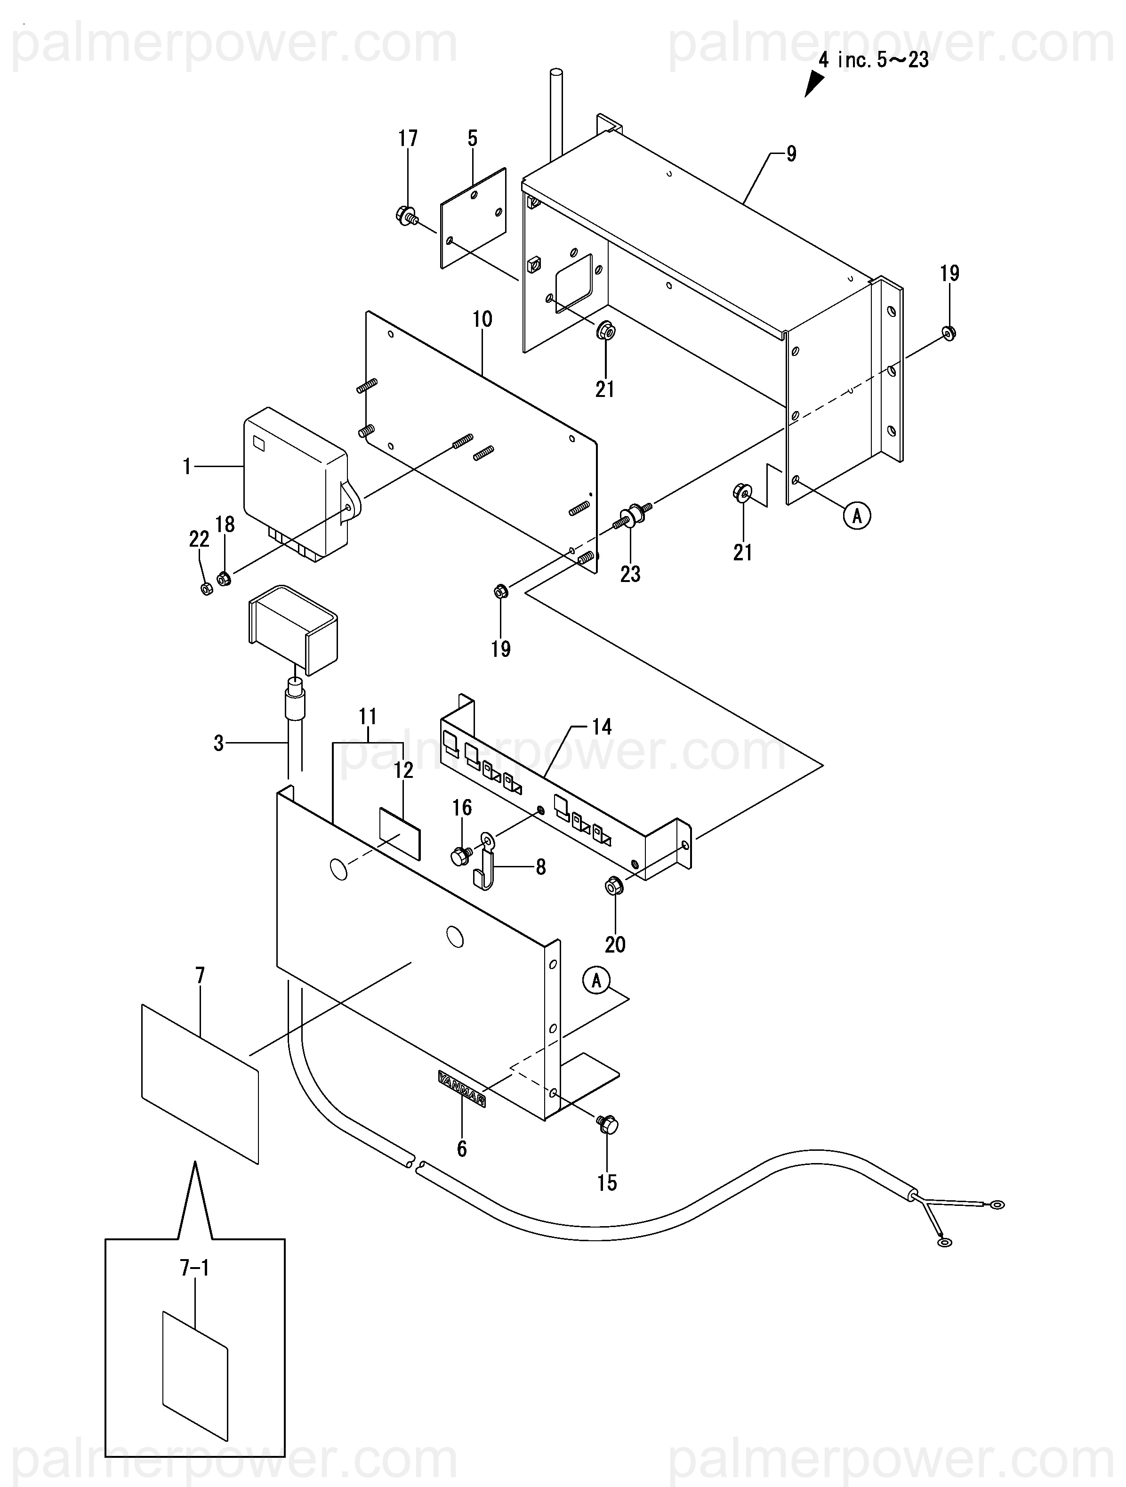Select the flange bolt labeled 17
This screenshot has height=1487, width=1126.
point(406,217)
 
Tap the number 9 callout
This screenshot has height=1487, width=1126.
point(791,154)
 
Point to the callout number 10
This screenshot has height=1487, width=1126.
point(482,319)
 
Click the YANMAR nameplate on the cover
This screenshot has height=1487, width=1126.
point(462,1088)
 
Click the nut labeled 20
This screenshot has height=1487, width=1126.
point(614,886)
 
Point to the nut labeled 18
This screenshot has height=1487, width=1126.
point(224,577)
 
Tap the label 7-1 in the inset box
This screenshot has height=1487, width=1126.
point(194,1269)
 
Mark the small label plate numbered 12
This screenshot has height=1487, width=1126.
point(400,833)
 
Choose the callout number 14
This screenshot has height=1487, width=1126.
point(601,727)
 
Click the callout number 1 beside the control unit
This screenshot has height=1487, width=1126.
point(187,467)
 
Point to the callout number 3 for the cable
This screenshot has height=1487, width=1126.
point(218,743)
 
